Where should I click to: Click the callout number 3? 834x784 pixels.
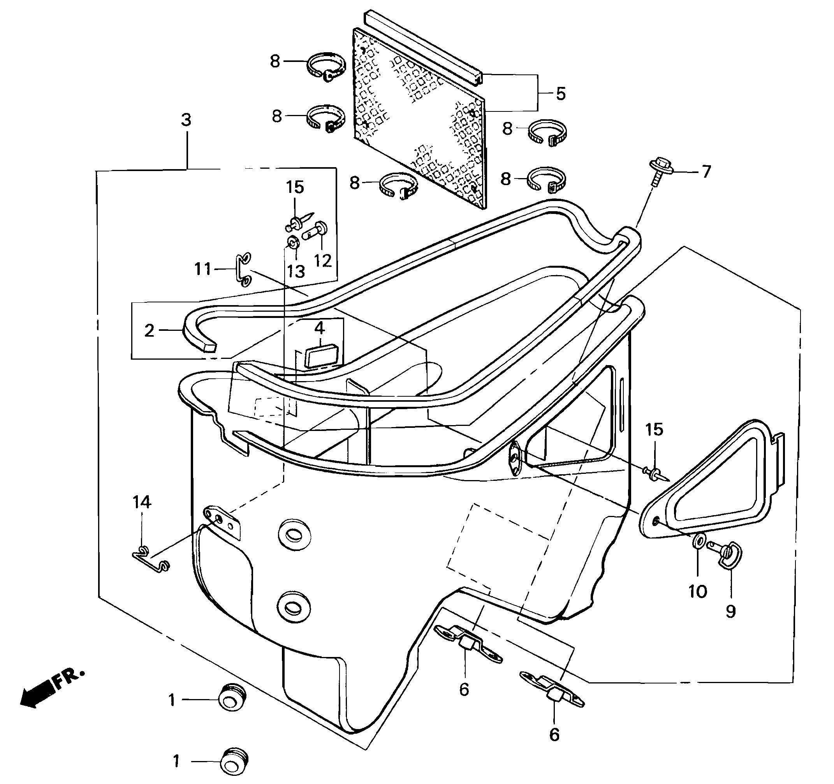click(x=186, y=120)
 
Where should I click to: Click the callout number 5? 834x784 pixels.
click(x=561, y=94)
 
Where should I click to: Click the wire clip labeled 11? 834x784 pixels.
click(x=243, y=270)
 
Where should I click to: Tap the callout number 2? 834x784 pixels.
click(x=150, y=331)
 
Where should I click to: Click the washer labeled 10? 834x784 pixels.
click(x=699, y=541)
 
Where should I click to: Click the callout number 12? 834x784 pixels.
click(x=323, y=261)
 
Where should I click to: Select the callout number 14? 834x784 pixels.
click(x=142, y=502)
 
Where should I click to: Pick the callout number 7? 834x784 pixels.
click(x=706, y=172)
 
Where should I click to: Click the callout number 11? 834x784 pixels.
click(x=203, y=269)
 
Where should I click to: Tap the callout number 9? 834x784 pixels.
click(x=730, y=611)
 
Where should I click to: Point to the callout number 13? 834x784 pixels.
click(x=296, y=272)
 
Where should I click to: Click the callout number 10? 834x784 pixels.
click(x=698, y=592)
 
